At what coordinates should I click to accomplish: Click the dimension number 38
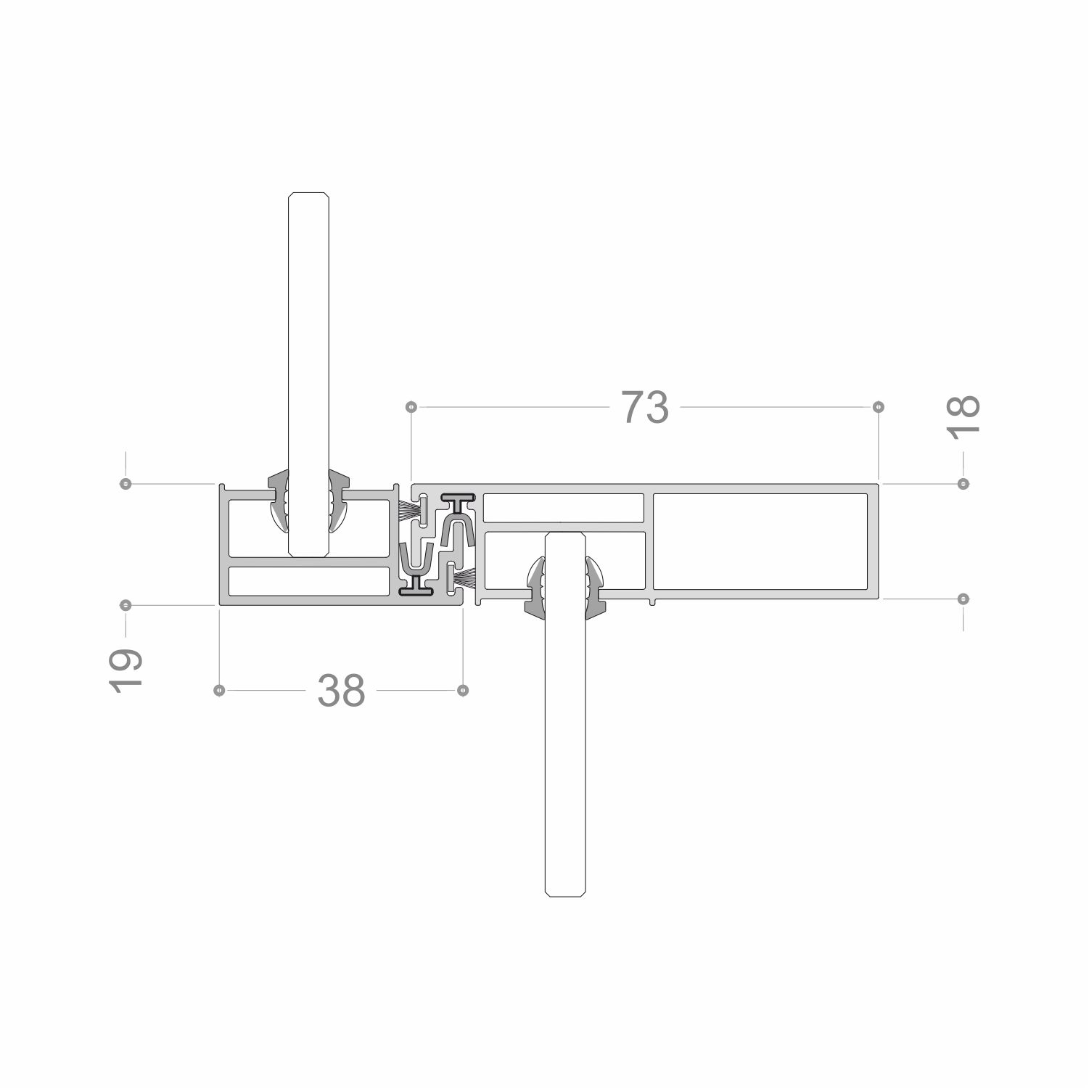click(341, 691)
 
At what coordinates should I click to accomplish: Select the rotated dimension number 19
click(125, 670)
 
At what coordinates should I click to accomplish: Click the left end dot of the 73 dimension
click(411, 407)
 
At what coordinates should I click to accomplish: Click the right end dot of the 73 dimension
click(879, 407)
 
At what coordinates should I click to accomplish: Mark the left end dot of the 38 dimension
click(219, 691)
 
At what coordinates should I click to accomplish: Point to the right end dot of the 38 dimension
click(464, 691)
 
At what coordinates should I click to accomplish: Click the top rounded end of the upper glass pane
click(310, 194)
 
